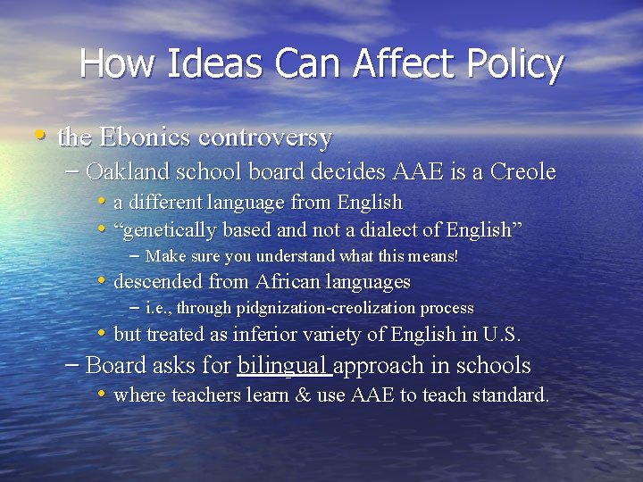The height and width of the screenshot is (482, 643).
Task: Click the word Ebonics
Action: [x=143, y=137]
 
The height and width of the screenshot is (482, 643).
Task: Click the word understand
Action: [x=290, y=257]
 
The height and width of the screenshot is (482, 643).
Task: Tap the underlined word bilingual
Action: [x=284, y=366]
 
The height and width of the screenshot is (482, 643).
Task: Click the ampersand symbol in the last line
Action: [x=301, y=395]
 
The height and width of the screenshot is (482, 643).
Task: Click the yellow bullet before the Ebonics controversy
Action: [x=39, y=137]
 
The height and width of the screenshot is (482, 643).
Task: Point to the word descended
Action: [x=159, y=282]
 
